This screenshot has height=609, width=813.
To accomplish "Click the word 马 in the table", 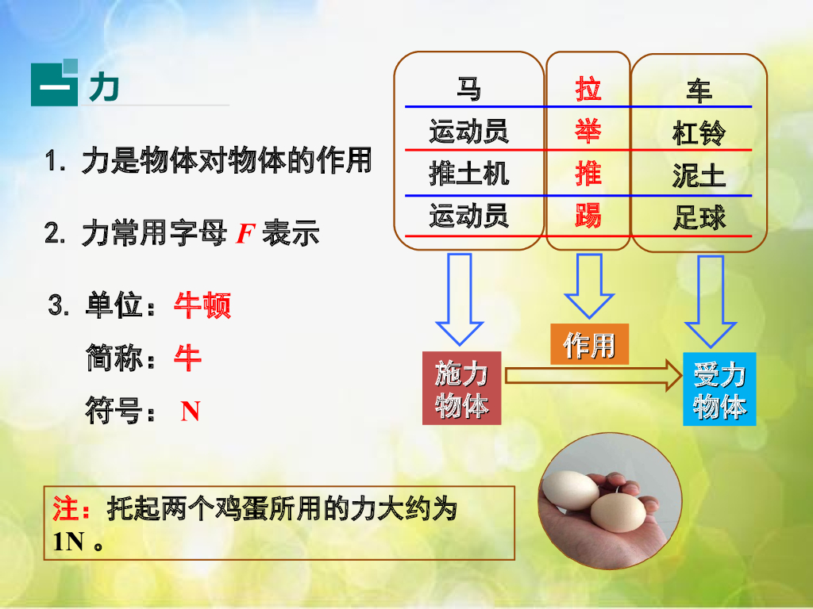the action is click(x=468, y=90).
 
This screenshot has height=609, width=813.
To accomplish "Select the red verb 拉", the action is click(x=588, y=89).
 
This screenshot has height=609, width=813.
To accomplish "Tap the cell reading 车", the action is click(x=699, y=91).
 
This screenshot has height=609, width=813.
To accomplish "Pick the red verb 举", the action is click(x=588, y=130).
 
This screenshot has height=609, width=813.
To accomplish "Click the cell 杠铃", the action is click(x=699, y=132).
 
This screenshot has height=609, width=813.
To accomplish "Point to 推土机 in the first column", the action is click(x=468, y=174).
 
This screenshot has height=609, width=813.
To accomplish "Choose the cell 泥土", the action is click(x=699, y=175).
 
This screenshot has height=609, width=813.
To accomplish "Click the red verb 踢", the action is click(x=588, y=216).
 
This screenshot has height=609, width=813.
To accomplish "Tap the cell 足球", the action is click(x=699, y=217).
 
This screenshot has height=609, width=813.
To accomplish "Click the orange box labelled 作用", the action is click(x=589, y=344).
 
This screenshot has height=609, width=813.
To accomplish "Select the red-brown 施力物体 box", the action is click(x=461, y=389).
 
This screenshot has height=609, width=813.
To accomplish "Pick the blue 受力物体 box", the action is click(x=719, y=389).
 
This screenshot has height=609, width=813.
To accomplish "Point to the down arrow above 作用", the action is click(x=589, y=285).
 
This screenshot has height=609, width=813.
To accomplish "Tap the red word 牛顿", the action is click(x=202, y=306).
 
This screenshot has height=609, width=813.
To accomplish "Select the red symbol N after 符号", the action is click(x=191, y=411).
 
